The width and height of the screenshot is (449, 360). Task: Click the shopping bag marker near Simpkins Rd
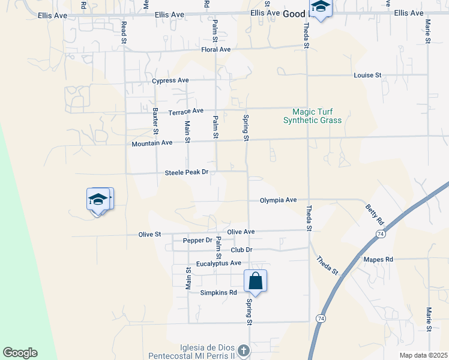(255, 281)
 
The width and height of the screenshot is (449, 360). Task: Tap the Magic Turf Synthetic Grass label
(312, 116)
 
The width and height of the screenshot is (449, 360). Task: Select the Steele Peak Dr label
(186, 173)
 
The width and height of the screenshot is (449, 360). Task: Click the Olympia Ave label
(278, 200)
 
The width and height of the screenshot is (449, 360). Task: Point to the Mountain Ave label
(152, 143)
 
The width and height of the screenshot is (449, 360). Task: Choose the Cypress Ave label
(170, 80)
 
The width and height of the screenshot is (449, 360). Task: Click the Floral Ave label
(216, 50)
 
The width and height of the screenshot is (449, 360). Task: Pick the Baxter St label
(155, 121)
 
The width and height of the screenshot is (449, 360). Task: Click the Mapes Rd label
(378, 259)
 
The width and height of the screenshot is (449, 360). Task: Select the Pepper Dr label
(197, 241)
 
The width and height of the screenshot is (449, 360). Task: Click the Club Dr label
(241, 250)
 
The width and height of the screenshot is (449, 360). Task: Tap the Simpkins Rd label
(218, 293)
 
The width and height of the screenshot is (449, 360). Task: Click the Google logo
(20, 353)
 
